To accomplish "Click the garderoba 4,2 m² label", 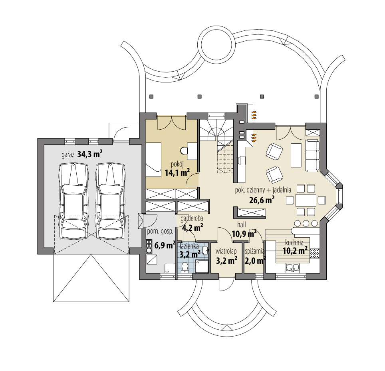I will (192, 224).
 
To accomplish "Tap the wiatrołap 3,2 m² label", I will (226, 255).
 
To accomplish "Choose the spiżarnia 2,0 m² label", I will (255, 255).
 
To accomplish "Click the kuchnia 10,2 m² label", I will (295, 247).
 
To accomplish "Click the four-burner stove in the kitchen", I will (314, 253).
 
